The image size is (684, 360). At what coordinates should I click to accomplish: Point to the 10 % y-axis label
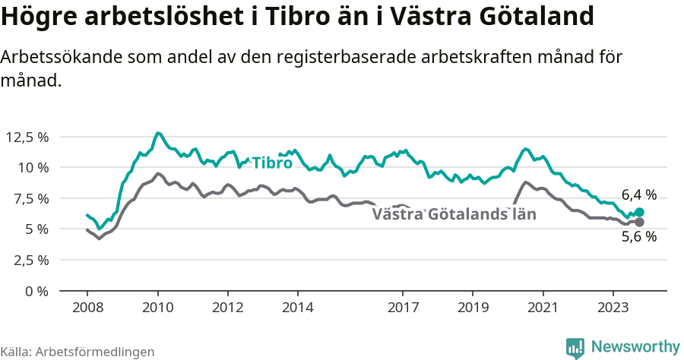tap(33, 167)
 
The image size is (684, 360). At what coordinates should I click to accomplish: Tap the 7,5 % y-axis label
tap(31, 198)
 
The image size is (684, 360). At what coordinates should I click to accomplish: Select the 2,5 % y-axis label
tap(31, 260)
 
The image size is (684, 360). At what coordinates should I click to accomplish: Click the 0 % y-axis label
tap(37, 291)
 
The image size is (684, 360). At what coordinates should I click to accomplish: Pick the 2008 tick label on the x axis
tap(87, 308)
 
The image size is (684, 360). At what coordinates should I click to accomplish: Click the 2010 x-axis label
tap(157, 308)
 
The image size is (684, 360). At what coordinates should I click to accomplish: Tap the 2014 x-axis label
tap(298, 308)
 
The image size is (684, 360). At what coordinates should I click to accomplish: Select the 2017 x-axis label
tap(403, 308)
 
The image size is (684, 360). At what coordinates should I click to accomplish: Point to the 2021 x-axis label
tap(543, 308)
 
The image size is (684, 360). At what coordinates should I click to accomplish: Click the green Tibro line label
tap(272, 163)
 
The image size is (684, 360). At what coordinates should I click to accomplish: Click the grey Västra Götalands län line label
tap(454, 214)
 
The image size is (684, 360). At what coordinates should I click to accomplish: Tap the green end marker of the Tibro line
tap(639, 213)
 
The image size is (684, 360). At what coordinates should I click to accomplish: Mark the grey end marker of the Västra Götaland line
tap(639, 222)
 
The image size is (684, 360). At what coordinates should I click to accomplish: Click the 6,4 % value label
tap(638, 194)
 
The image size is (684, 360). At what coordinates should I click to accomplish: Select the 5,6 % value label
tap(638, 236)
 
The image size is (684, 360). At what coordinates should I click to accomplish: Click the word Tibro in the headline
tap(298, 17)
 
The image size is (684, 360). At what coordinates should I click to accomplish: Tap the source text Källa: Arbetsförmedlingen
tap(78, 352)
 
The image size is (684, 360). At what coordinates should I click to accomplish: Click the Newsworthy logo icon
tap(575, 347)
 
